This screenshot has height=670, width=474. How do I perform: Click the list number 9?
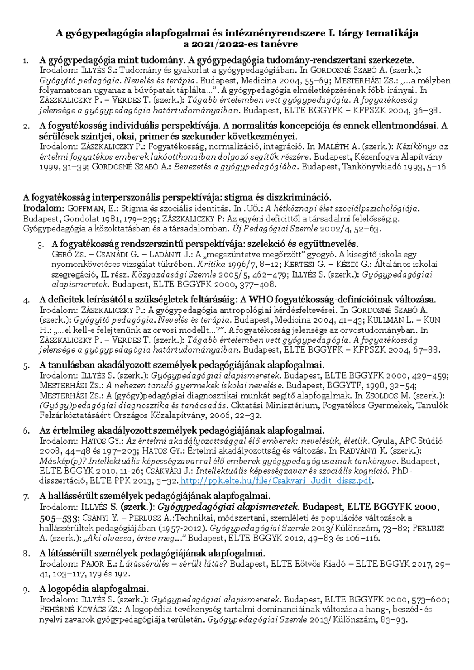click(26, 590)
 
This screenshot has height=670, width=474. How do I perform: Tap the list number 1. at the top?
click(26, 61)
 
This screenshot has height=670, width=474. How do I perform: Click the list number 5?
click(26, 366)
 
